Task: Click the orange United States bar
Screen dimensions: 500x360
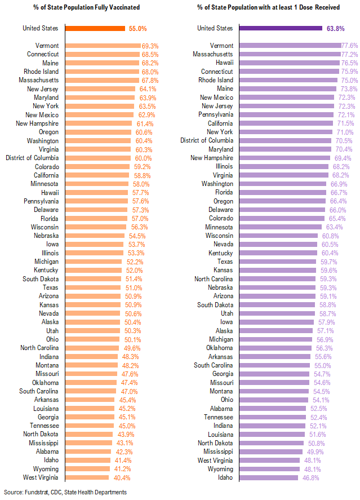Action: (x=95, y=28)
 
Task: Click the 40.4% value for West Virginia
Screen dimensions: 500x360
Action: (x=123, y=477)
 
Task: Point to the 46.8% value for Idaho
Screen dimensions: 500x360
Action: (x=308, y=477)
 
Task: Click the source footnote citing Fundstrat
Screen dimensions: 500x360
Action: (x=65, y=492)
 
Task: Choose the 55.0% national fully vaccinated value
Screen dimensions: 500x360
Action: (x=138, y=28)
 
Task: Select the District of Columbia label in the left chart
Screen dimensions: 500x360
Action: (x=32, y=158)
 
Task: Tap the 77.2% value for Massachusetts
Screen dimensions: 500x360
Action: (x=349, y=54)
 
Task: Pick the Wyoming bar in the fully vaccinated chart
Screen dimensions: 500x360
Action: (x=90, y=469)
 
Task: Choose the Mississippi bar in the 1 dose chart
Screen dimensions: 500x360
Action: (x=274, y=452)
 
